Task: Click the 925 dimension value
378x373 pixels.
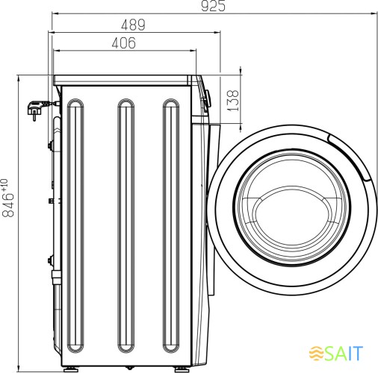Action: (x=213, y=6)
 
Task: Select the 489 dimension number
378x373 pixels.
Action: (x=133, y=25)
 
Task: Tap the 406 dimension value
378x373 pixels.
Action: (x=124, y=43)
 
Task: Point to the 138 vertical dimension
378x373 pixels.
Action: (x=233, y=101)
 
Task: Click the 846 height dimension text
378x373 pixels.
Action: (x=8, y=205)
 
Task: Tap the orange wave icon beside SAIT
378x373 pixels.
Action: (x=316, y=353)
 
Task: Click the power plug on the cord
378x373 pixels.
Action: (x=36, y=109)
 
